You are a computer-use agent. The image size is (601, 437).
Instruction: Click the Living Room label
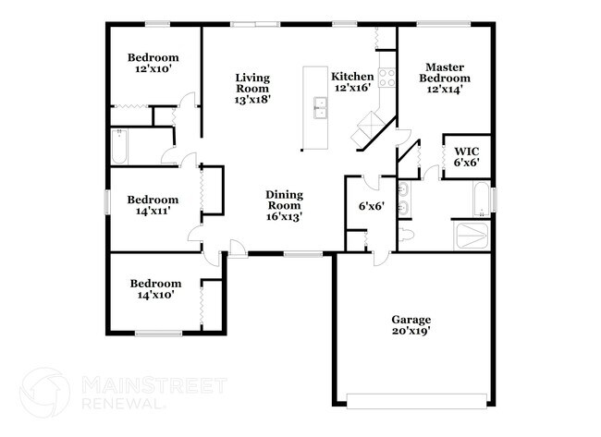[x=252, y=89]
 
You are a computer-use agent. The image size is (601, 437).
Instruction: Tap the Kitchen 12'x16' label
[x=352, y=82]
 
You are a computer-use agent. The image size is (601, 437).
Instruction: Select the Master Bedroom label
[x=442, y=78]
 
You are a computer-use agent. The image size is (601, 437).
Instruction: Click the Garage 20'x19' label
[x=411, y=323]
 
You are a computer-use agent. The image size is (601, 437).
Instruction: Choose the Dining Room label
[x=285, y=204]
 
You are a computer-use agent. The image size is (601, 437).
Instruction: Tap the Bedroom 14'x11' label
[x=153, y=205]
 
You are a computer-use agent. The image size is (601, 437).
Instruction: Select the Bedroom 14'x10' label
[x=154, y=289]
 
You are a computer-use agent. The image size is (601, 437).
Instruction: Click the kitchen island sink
[x=321, y=108]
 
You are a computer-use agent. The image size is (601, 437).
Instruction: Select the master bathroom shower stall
[x=472, y=235]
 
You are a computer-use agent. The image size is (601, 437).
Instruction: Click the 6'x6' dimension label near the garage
[x=371, y=206]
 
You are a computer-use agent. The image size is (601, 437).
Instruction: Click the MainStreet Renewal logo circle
[x=43, y=394]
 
